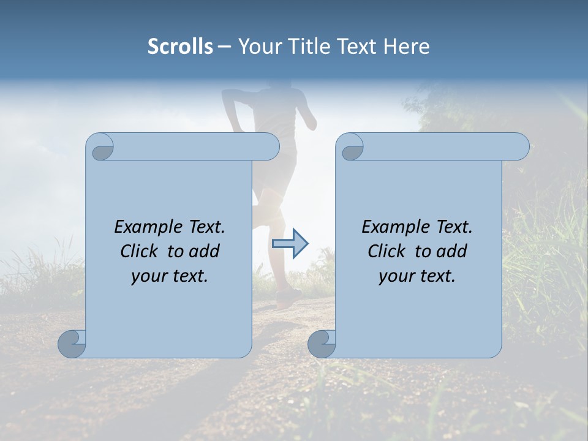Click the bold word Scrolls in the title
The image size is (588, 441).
pos(180,47)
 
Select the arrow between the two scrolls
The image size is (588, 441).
pos(290,244)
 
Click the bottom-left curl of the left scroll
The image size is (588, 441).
pos(72,344)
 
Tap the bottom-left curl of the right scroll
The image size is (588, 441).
pos(322,344)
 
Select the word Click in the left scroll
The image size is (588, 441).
pos(140,252)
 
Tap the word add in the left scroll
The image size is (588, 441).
pos(205,252)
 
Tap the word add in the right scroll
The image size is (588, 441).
pos(452,252)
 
